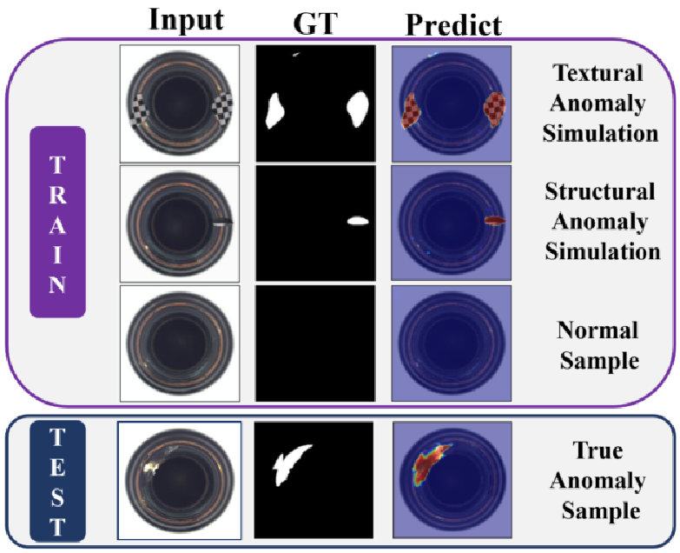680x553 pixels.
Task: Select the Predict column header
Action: [453, 23]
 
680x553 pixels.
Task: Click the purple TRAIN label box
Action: [57, 222]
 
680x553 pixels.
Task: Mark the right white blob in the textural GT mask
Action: [357, 108]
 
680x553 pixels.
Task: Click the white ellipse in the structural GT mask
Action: [359, 221]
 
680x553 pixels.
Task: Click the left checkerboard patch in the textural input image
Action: [140, 110]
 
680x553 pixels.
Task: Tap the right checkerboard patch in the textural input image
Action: [222, 108]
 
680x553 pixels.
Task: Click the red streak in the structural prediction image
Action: [494, 221]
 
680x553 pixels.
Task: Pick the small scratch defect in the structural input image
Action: [222, 222]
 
